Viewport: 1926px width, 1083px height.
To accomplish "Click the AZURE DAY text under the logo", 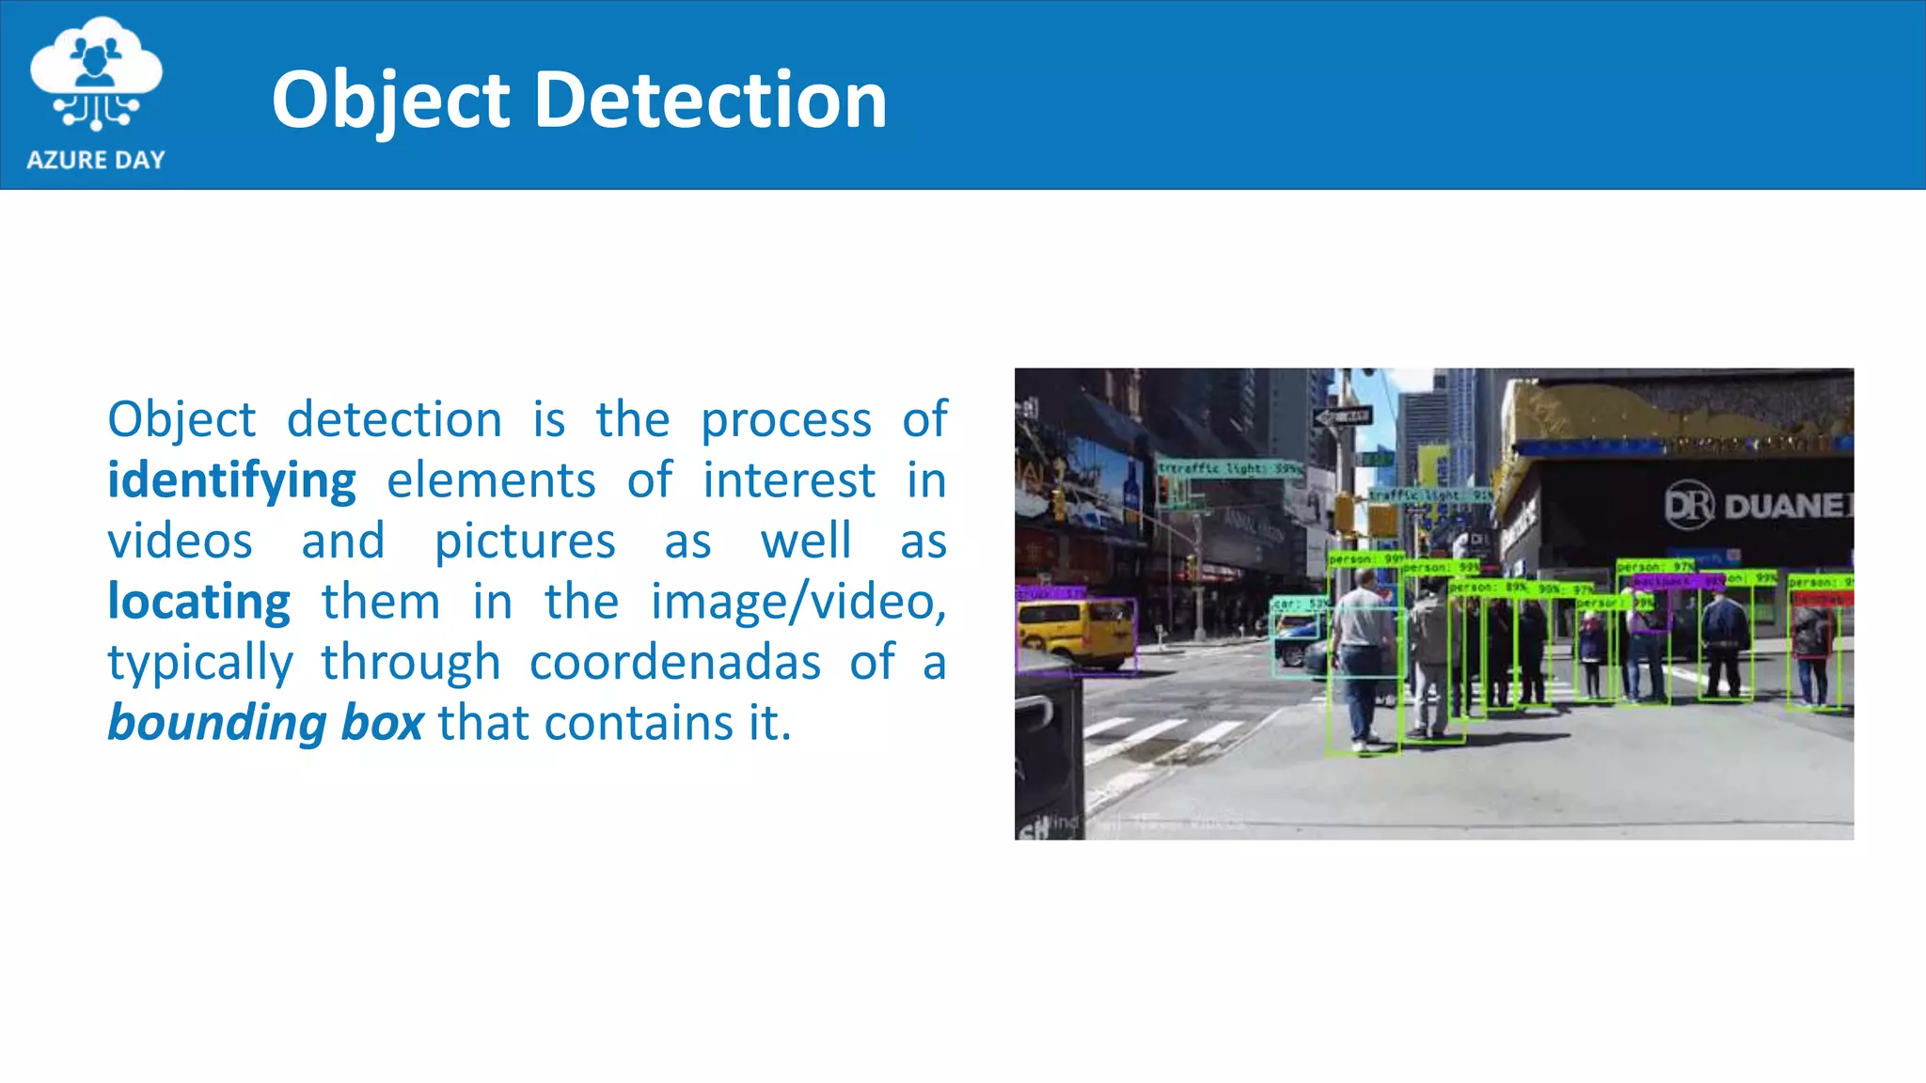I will pyautogui.click(x=96, y=160).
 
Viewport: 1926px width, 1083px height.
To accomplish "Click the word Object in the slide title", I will pyautogui.click(x=390, y=100).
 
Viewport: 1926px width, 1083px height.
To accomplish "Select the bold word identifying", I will pyautogui.click(x=231, y=481).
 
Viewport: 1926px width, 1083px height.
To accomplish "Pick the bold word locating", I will pyautogui.click(x=199, y=602).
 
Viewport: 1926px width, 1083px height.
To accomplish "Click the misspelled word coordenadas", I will pyautogui.click(x=675, y=663).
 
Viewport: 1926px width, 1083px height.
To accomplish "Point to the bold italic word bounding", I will pyautogui.click(x=217, y=723).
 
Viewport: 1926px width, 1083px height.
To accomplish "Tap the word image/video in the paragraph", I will pyautogui.click(x=797, y=602).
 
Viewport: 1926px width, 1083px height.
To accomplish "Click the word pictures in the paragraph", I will pyautogui.click(x=525, y=541).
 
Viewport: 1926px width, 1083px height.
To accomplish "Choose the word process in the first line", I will pyautogui.click(x=786, y=419).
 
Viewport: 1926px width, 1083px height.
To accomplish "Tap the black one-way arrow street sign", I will pyautogui.click(x=1343, y=416).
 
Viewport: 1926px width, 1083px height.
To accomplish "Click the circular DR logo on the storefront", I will pyautogui.click(x=1689, y=505).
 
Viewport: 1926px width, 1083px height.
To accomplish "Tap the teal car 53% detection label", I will pyautogui.click(x=1301, y=604).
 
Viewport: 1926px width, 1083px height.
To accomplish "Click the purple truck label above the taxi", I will pyautogui.click(x=1050, y=593).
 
